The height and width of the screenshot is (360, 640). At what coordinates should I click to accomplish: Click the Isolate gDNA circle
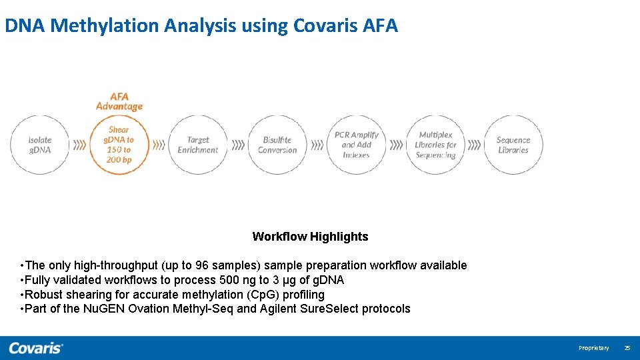click(39, 145)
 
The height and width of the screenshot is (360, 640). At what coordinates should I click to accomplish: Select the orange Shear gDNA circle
click(119, 145)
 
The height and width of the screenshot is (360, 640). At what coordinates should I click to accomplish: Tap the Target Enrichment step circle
click(198, 145)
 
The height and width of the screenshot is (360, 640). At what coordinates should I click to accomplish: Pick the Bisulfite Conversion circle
click(277, 145)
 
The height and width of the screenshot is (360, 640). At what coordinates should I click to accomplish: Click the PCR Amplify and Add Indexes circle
click(356, 145)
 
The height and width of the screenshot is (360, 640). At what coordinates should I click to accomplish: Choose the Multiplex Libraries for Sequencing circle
click(435, 145)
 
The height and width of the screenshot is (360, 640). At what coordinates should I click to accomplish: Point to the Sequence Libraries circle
click(513, 145)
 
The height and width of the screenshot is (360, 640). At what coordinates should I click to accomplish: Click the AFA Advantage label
click(119, 101)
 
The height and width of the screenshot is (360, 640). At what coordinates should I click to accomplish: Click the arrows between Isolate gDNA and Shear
click(79, 145)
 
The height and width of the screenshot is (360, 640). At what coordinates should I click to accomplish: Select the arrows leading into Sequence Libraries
click(474, 145)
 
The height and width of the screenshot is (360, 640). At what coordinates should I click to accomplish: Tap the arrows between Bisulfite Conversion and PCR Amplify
click(317, 145)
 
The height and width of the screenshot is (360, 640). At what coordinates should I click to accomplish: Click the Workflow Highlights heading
click(310, 237)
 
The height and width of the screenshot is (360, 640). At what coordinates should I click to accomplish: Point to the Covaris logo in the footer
click(36, 347)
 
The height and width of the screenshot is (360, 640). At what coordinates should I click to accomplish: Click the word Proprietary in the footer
click(593, 348)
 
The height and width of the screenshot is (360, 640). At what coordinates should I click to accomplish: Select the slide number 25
click(627, 348)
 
